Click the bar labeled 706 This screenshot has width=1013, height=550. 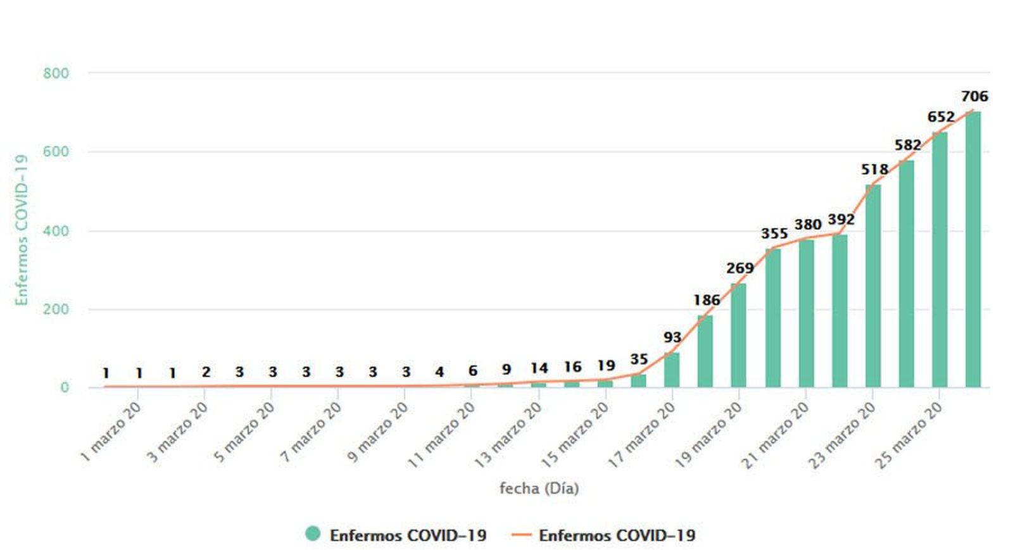click(x=972, y=249)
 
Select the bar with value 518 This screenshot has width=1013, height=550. click(x=872, y=286)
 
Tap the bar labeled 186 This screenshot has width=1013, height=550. click(x=705, y=351)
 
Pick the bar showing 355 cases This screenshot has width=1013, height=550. click(x=772, y=318)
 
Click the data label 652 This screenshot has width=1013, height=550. click(x=941, y=117)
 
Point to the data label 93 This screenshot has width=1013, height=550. click(x=672, y=338)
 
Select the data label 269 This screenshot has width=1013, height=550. click(x=739, y=268)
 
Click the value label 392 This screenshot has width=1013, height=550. click(x=841, y=220)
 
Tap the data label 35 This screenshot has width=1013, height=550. click(x=639, y=360)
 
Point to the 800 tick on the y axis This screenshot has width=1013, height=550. click(x=56, y=73)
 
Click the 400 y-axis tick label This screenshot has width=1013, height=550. click(x=56, y=231)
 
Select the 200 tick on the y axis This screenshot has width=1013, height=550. click(x=56, y=309)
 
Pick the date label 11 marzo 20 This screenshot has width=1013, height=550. click(x=441, y=435)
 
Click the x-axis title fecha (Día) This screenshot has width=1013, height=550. click(x=539, y=488)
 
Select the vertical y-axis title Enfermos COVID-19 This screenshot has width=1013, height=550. click(x=22, y=230)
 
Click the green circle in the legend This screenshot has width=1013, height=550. click(x=313, y=534)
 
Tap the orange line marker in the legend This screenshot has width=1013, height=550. click(x=521, y=535)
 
